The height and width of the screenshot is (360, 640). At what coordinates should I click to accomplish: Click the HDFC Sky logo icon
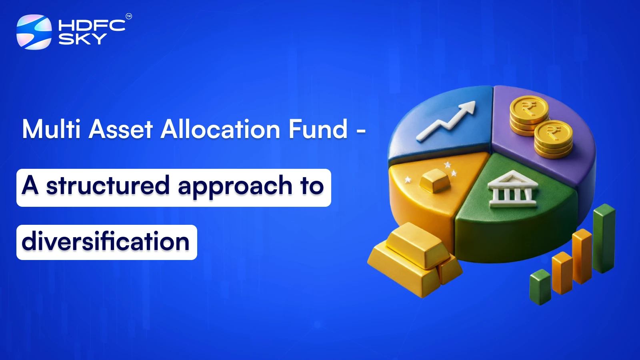[34, 32]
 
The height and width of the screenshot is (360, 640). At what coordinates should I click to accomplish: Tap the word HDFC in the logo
[92, 26]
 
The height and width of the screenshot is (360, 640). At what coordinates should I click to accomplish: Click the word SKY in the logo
[82, 39]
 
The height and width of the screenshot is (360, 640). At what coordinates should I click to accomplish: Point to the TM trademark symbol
[129, 16]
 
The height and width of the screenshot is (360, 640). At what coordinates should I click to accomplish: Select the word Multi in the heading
[52, 129]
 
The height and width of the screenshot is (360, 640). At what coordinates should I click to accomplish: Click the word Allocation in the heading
[220, 129]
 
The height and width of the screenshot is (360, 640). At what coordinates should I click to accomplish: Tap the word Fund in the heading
[318, 129]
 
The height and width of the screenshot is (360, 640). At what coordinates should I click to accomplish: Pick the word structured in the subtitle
[108, 186]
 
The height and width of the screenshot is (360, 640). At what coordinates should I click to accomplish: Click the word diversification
[106, 242]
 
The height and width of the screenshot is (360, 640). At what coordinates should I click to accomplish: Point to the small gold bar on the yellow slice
[435, 180]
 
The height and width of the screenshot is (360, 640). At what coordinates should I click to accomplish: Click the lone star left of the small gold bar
[408, 180]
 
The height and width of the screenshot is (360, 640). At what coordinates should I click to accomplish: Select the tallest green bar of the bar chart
[604, 238]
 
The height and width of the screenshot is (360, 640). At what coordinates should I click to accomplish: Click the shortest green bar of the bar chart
[540, 287]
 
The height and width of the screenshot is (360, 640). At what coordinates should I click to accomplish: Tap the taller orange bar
[582, 256]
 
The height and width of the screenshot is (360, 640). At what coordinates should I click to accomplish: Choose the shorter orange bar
[562, 273]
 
